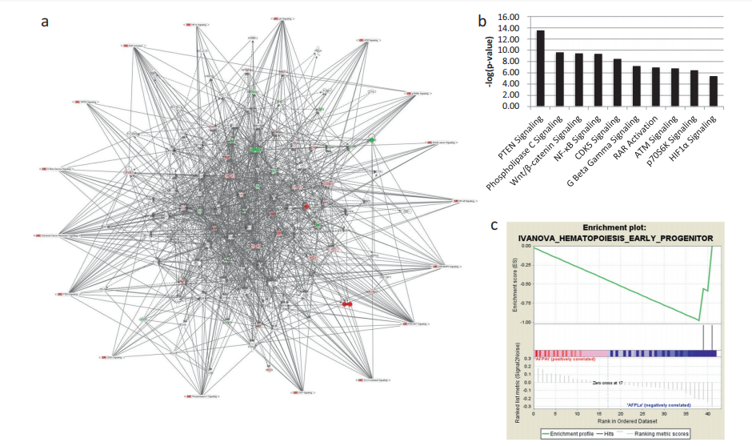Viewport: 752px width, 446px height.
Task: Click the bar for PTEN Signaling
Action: (x=540, y=68)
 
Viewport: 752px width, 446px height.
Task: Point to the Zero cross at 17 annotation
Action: (x=607, y=384)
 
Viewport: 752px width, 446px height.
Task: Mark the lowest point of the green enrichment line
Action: (x=698, y=320)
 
